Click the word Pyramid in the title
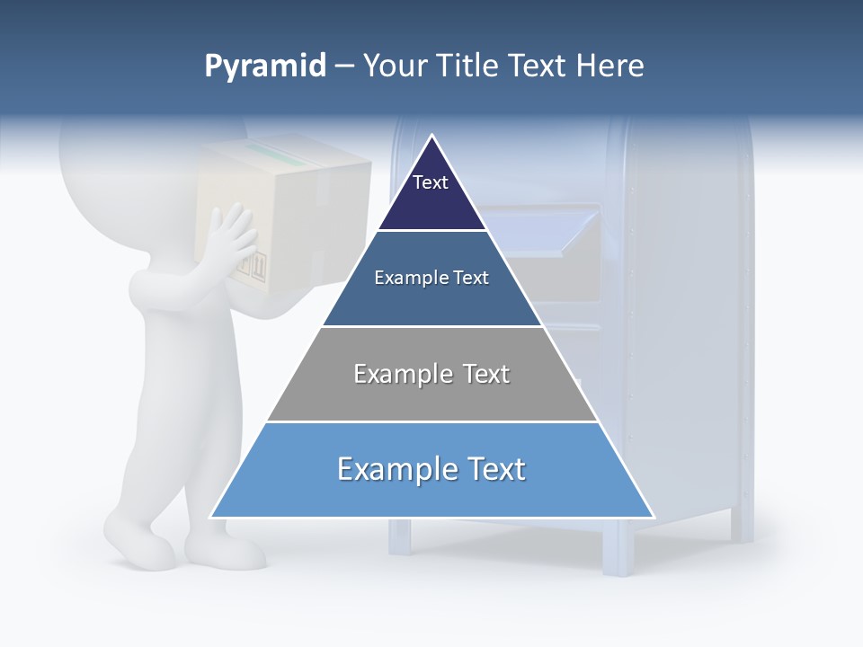tap(265, 66)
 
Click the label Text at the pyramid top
tap(430, 182)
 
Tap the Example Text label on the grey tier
tap(431, 374)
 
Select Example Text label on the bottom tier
tap(431, 469)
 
